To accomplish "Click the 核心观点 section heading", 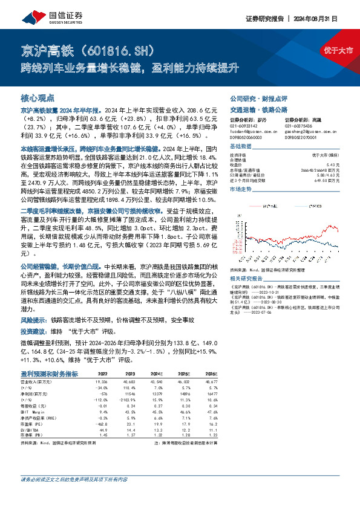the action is point(38,97).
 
